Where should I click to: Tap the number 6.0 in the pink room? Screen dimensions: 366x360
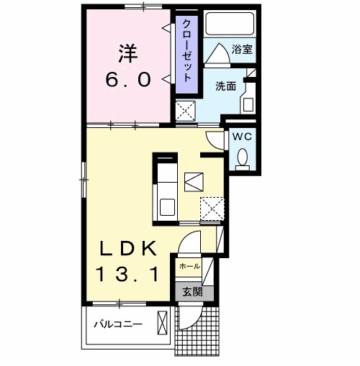point(129,79)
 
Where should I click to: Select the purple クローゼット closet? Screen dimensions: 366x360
point(186,52)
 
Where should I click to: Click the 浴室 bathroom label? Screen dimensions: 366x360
point(241,50)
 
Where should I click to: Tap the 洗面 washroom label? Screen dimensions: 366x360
point(225,86)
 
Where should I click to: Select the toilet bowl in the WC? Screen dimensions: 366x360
point(243,156)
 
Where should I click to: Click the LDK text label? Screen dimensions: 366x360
point(129,248)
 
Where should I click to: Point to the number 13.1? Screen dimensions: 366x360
point(129,273)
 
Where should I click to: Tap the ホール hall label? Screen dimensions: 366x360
point(189,266)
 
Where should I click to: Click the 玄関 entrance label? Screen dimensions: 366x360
point(191,292)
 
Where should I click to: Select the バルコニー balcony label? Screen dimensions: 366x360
point(118,324)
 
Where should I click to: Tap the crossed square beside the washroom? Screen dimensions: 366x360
point(187,111)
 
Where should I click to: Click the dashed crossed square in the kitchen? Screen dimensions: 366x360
point(212,209)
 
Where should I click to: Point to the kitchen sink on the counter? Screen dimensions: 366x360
point(166,207)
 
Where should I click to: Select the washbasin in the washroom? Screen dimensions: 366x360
point(248,103)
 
